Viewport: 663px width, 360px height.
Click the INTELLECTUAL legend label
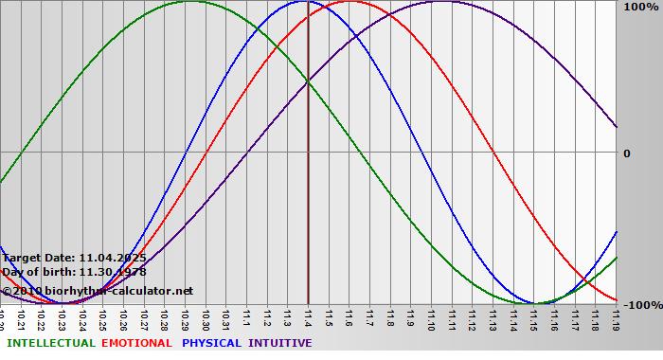(x=50, y=343)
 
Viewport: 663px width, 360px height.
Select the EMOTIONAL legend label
(x=136, y=343)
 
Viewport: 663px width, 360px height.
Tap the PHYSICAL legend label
(x=211, y=343)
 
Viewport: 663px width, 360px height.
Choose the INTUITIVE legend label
(x=279, y=343)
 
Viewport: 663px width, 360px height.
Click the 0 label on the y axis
(x=625, y=153)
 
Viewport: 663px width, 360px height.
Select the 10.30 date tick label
(x=206, y=317)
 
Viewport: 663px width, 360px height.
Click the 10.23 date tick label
(x=62, y=317)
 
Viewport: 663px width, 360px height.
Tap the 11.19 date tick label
(x=617, y=317)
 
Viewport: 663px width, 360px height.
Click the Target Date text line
(x=74, y=257)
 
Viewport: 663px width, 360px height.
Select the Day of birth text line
(x=74, y=272)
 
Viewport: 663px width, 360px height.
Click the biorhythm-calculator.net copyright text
(x=97, y=291)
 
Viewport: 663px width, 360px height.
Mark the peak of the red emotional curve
(x=349, y=2)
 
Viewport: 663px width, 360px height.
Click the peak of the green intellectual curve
(x=189, y=2)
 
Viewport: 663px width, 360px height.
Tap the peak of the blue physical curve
(x=302, y=2)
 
